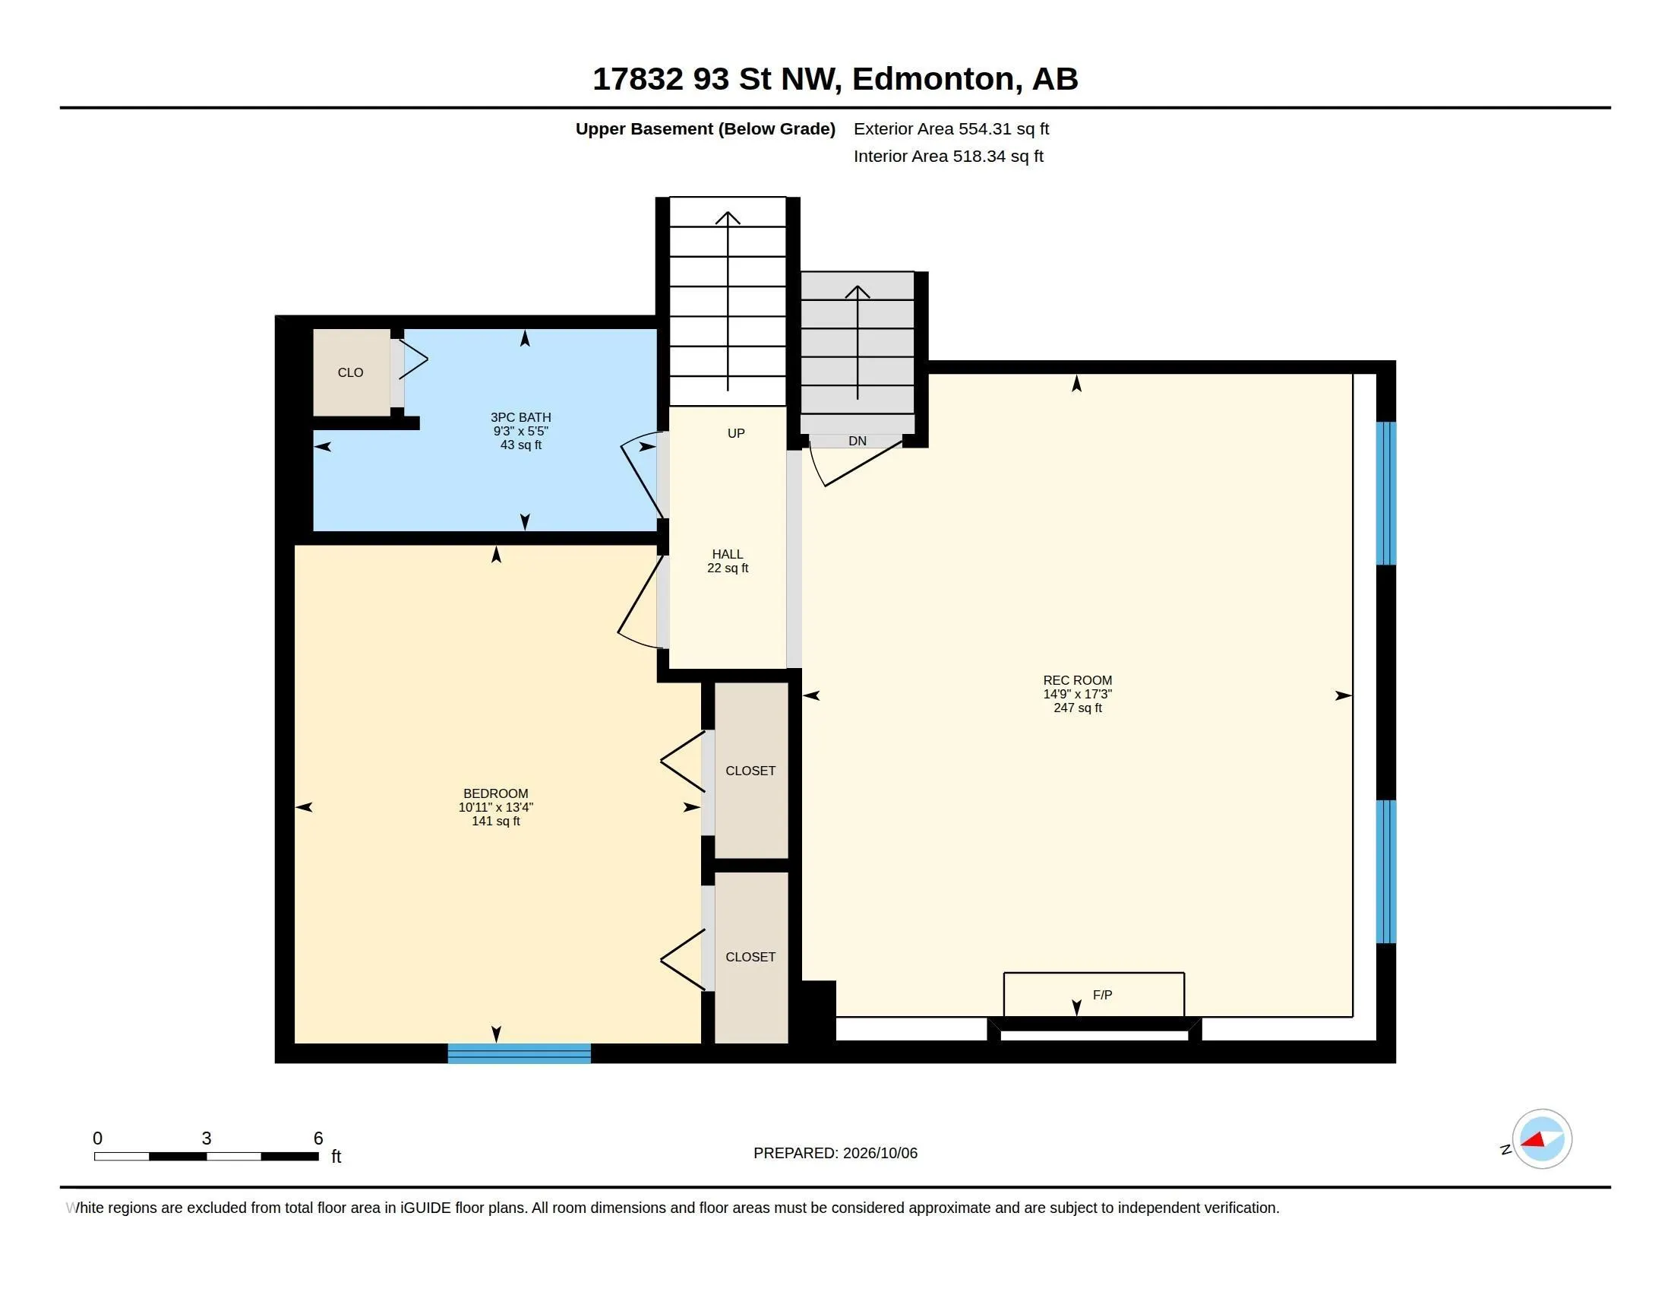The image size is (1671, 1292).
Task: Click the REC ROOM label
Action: (1077, 679)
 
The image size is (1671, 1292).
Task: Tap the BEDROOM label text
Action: (496, 793)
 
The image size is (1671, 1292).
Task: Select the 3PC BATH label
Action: (520, 417)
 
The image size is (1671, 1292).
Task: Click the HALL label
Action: (727, 553)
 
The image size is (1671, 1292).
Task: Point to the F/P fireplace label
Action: (1102, 994)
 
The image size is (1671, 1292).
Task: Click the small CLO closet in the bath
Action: (351, 372)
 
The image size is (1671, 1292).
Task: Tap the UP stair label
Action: (736, 433)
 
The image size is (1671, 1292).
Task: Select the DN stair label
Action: (857, 441)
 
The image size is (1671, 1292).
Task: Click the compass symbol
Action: (1542, 1139)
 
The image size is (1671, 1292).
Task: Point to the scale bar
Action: (207, 1156)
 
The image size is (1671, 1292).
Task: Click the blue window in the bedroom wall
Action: (519, 1053)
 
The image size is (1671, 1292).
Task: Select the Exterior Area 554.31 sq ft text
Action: (951, 128)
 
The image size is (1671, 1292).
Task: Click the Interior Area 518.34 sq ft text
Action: (948, 156)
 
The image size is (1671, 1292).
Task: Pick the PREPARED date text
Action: (835, 1153)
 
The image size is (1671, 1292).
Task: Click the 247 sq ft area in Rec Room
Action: (1077, 708)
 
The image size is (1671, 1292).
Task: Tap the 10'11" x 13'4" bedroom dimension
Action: (496, 806)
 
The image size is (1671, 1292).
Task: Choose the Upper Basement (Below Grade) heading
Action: (705, 128)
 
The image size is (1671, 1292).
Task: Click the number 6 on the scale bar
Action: (318, 1138)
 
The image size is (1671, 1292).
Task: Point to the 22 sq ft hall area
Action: (727, 568)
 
